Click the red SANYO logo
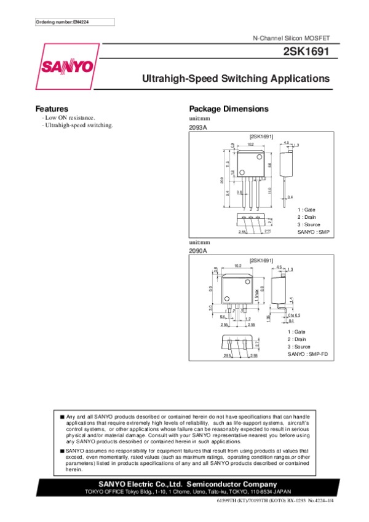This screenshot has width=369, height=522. [x=68, y=66]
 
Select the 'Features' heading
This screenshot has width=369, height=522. [x=52, y=109]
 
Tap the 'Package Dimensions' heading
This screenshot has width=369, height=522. [x=228, y=109]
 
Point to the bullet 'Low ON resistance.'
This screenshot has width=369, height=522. [x=69, y=117]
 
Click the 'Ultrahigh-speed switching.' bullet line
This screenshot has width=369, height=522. [x=78, y=125]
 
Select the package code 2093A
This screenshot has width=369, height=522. [x=198, y=127]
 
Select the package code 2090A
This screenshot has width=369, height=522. [x=198, y=251]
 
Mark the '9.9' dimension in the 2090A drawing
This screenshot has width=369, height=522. [x=210, y=288]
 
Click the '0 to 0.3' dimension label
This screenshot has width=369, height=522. [x=286, y=315]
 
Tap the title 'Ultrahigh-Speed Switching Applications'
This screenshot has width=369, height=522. [x=236, y=79]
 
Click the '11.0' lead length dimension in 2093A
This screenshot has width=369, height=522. [x=270, y=192]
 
